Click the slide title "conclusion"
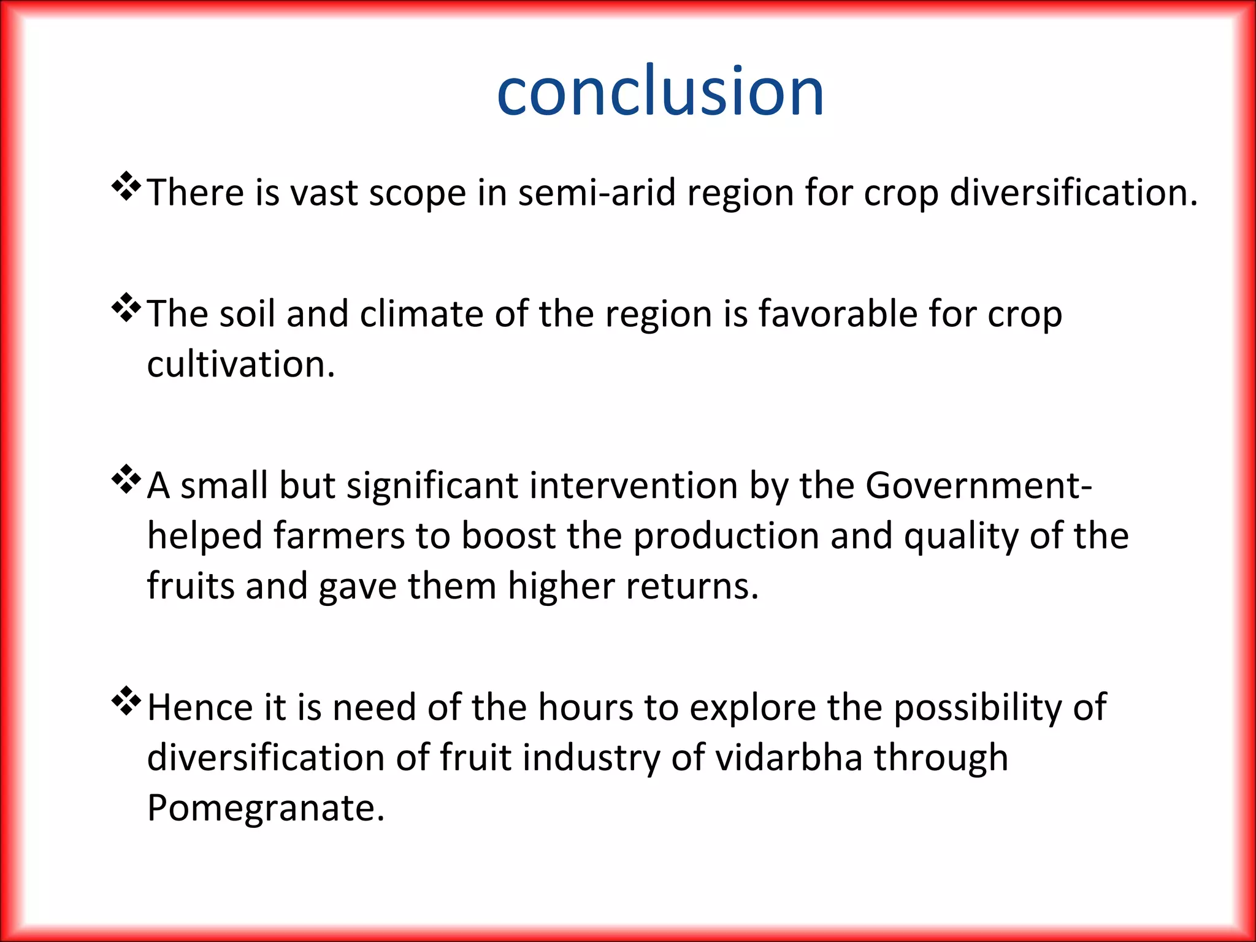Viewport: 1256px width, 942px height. (x=661, y=92)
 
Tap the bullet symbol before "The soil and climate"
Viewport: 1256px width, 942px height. (x=126, y=309)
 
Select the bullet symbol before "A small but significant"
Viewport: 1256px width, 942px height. (x=126, y=481)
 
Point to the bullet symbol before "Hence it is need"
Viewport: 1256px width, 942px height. (x=126, y=702)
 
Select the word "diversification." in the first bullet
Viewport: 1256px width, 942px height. (x=1073, y=193)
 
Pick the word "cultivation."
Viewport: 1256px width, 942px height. (x=241, y=364)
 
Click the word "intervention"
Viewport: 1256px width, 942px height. (x=634, y=486)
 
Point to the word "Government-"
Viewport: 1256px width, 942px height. (x=979, y=486)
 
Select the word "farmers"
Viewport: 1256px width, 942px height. (x=339, y=536)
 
